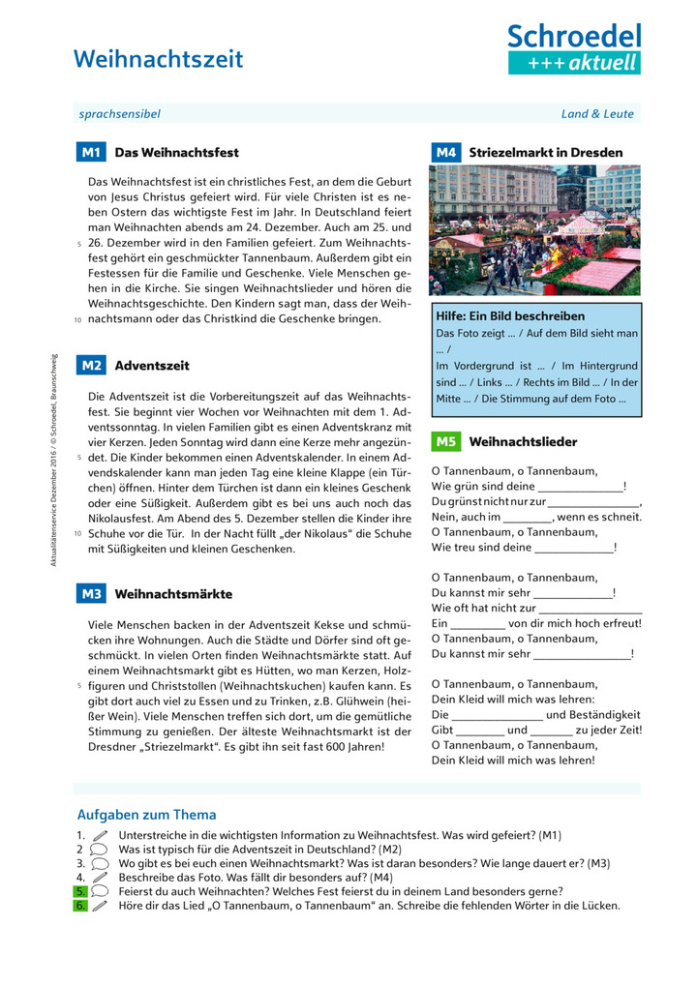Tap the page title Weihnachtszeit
tap(159, 59)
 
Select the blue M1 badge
tap(91, 152)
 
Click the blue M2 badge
tap(91, 366)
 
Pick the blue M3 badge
tap(91, 593)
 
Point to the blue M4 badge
tap(445, 152)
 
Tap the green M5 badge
tap(445, 441)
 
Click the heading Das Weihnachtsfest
tap(176, 152)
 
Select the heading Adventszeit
tap(152, 366)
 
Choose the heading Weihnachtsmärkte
tap(173, 593)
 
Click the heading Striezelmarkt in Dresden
tap(546, 152)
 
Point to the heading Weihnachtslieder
tap(523, 441)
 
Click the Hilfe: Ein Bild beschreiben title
tap(510, 315)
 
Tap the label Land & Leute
tap(597, 113)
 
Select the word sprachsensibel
tap(119, 113)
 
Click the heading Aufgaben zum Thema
tap(146, 815)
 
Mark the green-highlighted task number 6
tap(80, 906)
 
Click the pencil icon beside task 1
tap(99, 835)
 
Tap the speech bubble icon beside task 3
tap(99, 863)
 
